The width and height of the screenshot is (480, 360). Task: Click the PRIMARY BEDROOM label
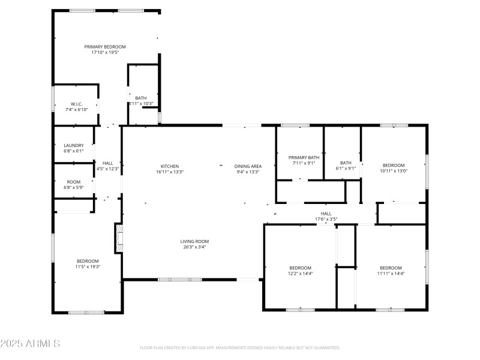click(105, 47)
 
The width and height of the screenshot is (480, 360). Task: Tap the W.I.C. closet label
click(76, 104)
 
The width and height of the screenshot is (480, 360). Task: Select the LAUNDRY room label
click(74, 145)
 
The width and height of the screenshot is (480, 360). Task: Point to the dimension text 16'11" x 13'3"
click(169, 172)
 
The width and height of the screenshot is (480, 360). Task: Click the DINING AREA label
click(247, 166)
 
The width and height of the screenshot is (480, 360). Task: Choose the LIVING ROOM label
click(194, 241)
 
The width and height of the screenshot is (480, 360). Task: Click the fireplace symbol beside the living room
click(119, 238)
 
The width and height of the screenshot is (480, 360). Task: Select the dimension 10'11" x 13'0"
click(394, 171)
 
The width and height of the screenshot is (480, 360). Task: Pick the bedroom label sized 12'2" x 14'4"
click(300, 268)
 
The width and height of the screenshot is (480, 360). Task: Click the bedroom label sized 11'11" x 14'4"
click(390, 268)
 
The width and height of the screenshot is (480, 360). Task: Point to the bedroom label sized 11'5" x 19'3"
click(88, 260)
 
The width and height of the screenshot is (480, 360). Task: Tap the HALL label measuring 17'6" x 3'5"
click(326, 213)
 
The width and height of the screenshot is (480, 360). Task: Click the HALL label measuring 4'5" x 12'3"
click(108, 163)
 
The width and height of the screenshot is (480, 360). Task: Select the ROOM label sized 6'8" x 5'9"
click(74, 182)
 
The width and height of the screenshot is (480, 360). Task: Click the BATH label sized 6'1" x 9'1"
click(346, 163)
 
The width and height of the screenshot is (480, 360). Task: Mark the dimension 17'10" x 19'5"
click(105, 53)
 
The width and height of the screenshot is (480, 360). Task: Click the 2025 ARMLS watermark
click(30, 344)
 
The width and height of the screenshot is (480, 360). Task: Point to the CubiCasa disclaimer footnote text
click(239, 347)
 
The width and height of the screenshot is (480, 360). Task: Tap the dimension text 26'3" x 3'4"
click(194, 247)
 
